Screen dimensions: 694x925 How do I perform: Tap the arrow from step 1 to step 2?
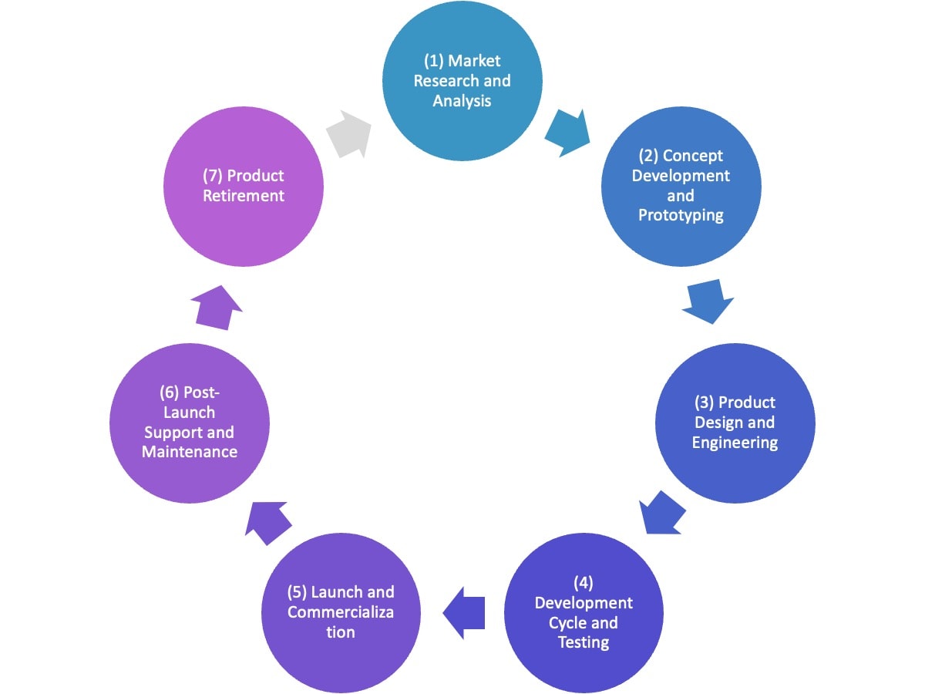coord(567,133)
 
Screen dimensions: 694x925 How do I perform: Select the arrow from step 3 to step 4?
coord(663,511)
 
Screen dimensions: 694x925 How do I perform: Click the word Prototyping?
coord(681,216)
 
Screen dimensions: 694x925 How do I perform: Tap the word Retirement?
coord(244,196)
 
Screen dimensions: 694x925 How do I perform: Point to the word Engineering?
coord(735,443)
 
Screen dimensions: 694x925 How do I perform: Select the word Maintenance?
coord(190,452)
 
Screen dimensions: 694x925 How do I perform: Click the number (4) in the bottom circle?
coord(584,582)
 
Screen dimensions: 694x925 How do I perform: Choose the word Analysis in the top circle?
coord(462,101)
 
